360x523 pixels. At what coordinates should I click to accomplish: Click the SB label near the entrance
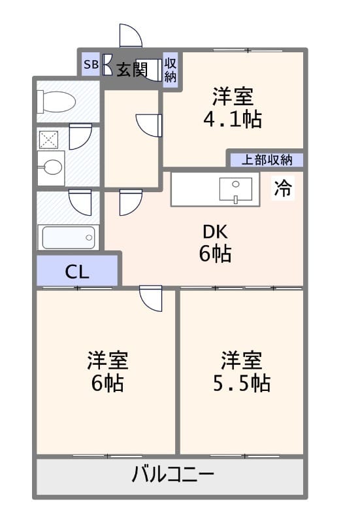point(91,65)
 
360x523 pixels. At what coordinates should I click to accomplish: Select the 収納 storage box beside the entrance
point(171,69)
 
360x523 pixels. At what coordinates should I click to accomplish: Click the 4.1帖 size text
point(233,120)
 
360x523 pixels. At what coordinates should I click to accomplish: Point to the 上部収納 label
point(265,160)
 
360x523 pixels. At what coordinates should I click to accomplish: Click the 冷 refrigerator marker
point(283,188)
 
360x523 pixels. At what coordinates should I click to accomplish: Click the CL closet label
point(77,271)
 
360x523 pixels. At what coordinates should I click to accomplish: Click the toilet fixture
point(57,102)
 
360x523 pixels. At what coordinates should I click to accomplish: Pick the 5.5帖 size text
point(241,382)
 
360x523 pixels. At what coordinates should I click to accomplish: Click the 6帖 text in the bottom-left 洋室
point(107,382)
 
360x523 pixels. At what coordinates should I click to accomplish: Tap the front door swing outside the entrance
point(130,37)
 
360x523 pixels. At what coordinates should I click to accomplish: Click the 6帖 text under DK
point(215,254)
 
